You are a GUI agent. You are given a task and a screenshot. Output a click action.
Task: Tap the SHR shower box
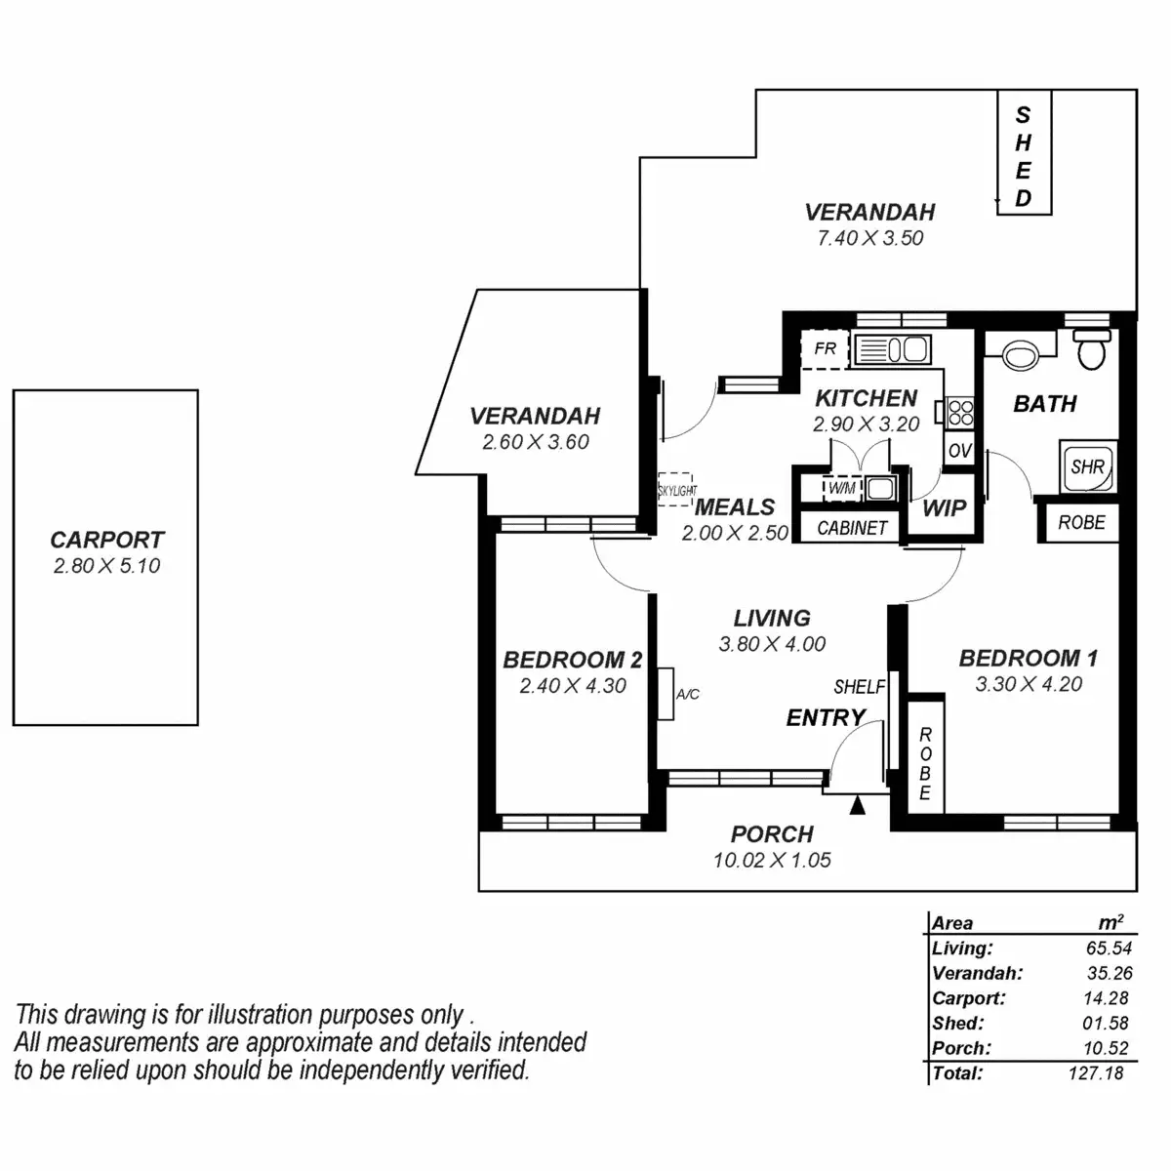click(1087, 467)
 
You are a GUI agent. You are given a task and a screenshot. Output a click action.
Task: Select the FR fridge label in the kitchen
click(825, 348)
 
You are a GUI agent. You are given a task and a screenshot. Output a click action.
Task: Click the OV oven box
click(959, 451)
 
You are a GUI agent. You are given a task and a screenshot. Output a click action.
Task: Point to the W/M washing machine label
click(840, 487)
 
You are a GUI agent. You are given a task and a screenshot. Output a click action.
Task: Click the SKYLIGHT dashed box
click(676, 489)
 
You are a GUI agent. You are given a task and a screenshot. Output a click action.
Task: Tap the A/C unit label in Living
click(687, 695)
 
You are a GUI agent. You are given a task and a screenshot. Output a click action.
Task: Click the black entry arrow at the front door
click(858, 805)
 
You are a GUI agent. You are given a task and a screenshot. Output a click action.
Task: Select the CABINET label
click(852, 528)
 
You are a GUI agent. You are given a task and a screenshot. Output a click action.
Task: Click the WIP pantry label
click(944, 507)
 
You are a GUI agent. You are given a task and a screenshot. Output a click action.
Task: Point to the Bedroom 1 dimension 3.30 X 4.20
click(1029, 684)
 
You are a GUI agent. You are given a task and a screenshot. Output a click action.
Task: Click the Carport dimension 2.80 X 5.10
click(106, 566)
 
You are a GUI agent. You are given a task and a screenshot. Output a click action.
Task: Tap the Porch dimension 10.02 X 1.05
click(772, 861)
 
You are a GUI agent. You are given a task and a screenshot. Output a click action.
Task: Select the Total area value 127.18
click(1095, 1073)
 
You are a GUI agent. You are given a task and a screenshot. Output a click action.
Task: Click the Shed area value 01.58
click(1105, 1023)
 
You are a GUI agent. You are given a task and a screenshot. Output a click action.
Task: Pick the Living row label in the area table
click(962, 948)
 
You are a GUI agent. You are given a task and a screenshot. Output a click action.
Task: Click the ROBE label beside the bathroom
click(1081, 523)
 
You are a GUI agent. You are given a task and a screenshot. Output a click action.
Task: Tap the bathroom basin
click(1021, 354)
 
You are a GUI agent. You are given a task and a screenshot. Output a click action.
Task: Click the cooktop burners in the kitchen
click(960, 413)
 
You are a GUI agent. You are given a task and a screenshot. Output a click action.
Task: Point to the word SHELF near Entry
click(859, 687)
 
